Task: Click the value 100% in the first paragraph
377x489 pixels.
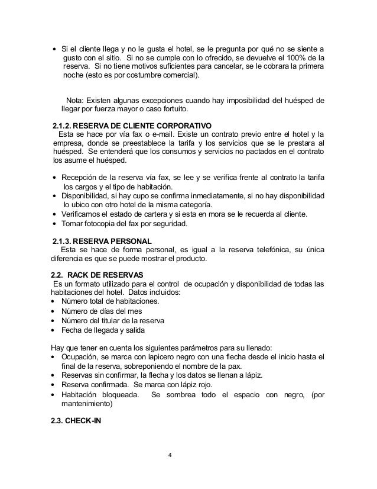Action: pyautogui.click(x=294, y=57)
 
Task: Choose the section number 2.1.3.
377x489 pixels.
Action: pyautogui.click(x=64, y=240)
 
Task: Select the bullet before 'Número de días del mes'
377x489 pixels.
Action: pyautogui.click(x=55, y=311)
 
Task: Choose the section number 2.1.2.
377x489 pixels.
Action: pyautogui.click(x=64, y=126)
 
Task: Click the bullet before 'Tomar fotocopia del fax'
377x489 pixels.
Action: pyautogui.click(x=55, y=224)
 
